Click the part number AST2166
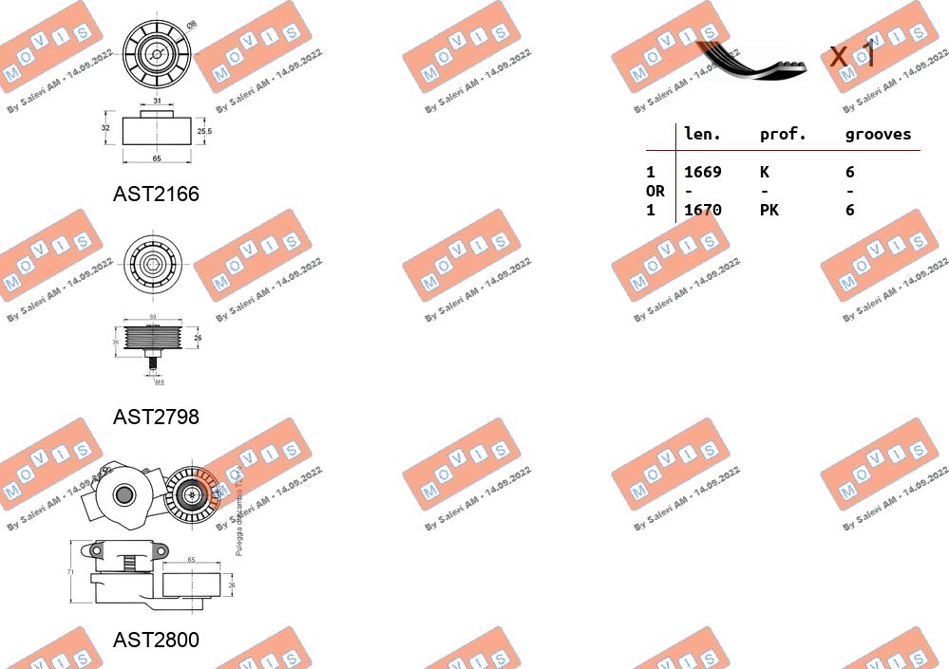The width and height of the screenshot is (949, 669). [x=156, y=194]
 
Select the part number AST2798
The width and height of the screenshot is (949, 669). [x=156, y=417]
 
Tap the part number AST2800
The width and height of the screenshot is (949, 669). [x=156, y=641]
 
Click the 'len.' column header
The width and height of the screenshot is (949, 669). [x=702, y=135]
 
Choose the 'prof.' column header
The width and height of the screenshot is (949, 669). [x=783, y=135]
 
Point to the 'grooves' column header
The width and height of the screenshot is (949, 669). [x=878, y=135]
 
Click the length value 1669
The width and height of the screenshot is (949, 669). [x=703, y=172]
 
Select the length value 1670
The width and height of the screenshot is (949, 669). [x=703, y=210]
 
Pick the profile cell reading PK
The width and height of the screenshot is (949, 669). [x=769, y=210]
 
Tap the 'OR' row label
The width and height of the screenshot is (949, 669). [x=655, y=191]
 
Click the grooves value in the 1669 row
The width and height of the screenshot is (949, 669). [x=849, y=172]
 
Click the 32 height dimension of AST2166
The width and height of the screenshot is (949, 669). [x=105, y=128]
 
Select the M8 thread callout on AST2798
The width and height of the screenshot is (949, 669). [x=159, y=382]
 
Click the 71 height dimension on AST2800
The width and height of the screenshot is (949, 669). [x=70, y=572]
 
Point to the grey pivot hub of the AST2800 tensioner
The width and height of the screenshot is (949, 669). [x=123, y=493]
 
